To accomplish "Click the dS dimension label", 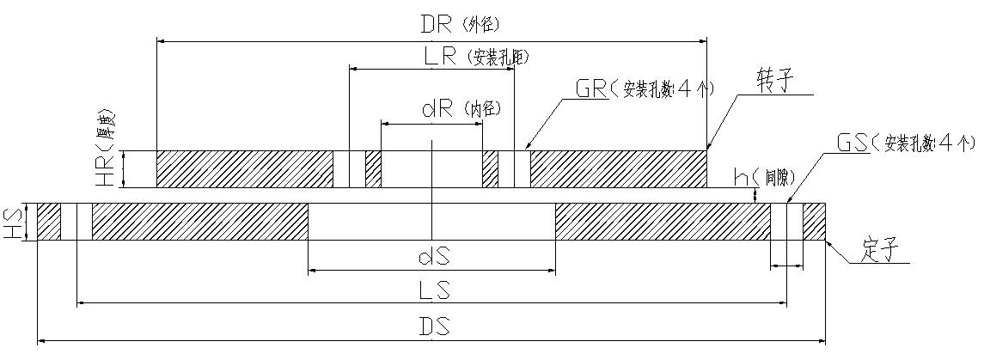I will coord(432,255).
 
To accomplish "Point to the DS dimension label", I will coord(432,326).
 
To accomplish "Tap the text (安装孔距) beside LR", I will coord(498,58).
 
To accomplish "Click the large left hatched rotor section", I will coord(245,169).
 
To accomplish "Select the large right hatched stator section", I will coord(663,222).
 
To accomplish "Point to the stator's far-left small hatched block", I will coord(49,222).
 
